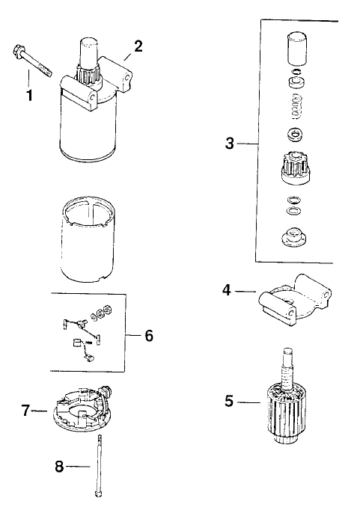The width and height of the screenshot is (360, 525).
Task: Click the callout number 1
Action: [x=30, y=97]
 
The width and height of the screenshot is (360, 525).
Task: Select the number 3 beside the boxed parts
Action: [x=230, y=144]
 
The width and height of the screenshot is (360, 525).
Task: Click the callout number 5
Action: [x=230, y=401]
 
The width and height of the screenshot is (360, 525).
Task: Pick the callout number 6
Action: [x=148, y=336]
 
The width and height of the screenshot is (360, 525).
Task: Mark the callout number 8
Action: [x=60, y=467]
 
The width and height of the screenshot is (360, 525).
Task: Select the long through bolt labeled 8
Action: [x=98, y=467]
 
